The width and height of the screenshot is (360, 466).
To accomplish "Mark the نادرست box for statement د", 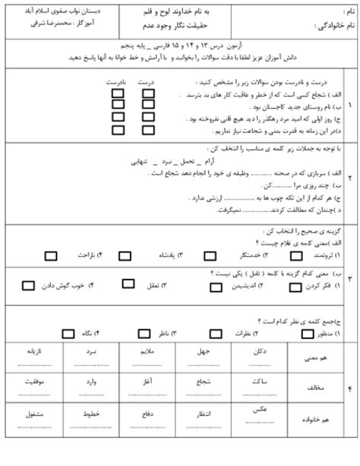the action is coord(118,131).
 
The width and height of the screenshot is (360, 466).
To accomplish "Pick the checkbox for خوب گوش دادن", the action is coord(28,286).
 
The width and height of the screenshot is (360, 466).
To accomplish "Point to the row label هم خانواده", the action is coord(314,419).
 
